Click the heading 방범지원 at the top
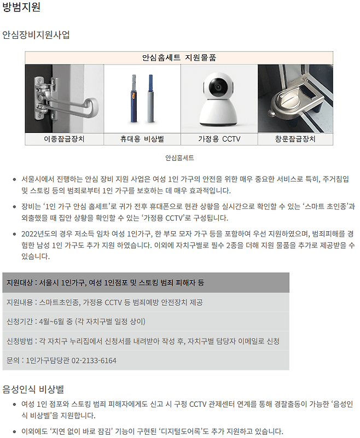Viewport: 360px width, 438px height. tap(21, 8)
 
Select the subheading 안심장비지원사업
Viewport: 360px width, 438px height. tap(36, 35)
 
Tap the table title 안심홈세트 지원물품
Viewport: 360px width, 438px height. tap(179, 57)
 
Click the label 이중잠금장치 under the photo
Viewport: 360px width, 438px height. tap(64, 139)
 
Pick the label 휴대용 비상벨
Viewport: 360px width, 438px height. tap(142, 139)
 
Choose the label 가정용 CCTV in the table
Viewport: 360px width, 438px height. tap(219, 139)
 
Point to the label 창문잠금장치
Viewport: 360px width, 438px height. tap(295, 139)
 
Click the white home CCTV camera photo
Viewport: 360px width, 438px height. tap(219, 98)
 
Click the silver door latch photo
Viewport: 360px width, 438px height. tap(64, 98)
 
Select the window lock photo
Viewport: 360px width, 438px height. tap(295, 98)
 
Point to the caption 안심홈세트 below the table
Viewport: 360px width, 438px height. tap(179, 158)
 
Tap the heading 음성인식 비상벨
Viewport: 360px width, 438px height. tap(33, 389)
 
